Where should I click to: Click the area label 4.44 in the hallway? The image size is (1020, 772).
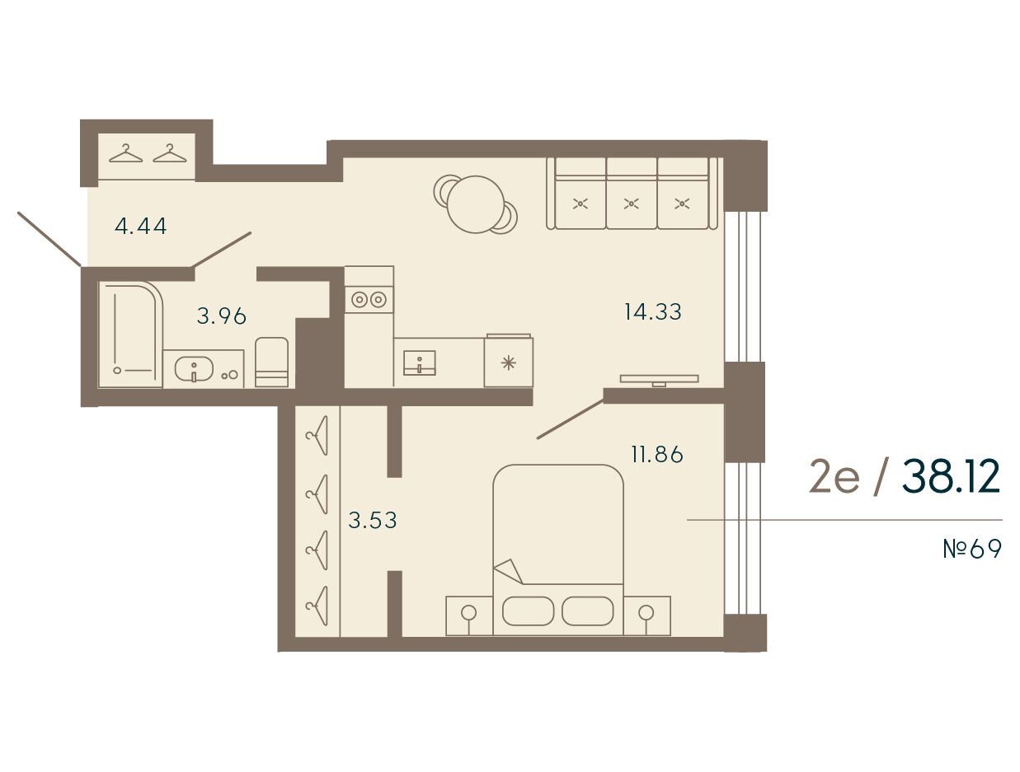[140, 227]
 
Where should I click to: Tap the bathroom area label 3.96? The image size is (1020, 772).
[221, 316]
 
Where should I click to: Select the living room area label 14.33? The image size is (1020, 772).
[653, 311]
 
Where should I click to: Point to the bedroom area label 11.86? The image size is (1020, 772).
[657, 455]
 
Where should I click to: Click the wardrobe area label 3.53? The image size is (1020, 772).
[373, 520]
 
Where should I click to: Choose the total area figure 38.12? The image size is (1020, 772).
[951, 477]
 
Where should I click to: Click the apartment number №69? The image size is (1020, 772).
[972, 550]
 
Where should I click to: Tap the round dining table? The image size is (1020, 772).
[476, 204]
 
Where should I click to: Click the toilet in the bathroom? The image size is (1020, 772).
[272, 363]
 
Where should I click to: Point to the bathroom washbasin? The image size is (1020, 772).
[194, 370]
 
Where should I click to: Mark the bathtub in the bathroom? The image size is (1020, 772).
[130, 335]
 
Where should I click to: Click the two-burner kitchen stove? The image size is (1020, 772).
[369, 299]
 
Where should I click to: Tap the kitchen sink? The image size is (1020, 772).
[420, 363]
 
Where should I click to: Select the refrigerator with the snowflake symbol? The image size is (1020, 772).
[509, 362]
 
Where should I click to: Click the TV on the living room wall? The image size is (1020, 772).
[660, 379]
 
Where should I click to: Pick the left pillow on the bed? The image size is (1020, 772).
[528, 611]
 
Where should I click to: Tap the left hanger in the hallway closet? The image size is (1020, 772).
[125, 153]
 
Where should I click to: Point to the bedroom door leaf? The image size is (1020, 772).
[570, 419]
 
